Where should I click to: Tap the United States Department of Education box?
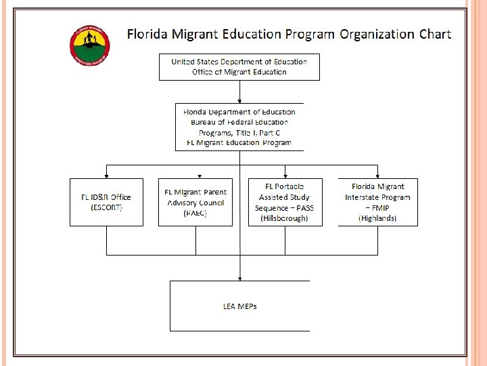pos(239,67)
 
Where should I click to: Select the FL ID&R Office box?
pos(106,202)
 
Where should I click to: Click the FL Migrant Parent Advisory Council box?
pos(195,202)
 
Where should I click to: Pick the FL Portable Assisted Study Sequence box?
pos(285,202)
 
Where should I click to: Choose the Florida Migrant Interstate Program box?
pos(377,202)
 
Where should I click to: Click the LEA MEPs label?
pos(239,306)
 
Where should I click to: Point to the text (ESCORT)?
pos(106,207)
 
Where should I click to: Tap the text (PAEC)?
pos(195,213)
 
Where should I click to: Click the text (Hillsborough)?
pos(284,218)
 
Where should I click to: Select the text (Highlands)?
pos(377,218)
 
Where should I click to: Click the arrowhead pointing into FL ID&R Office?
pos(106,176)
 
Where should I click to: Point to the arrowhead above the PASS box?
pos(285,176)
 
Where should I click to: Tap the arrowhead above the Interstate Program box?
pos(377,176)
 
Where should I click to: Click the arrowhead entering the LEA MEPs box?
pos(239,278)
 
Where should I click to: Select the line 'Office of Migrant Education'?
pos(239,72)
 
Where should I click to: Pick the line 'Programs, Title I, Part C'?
pos(239,132)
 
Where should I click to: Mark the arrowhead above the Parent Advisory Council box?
pos(199,176)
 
